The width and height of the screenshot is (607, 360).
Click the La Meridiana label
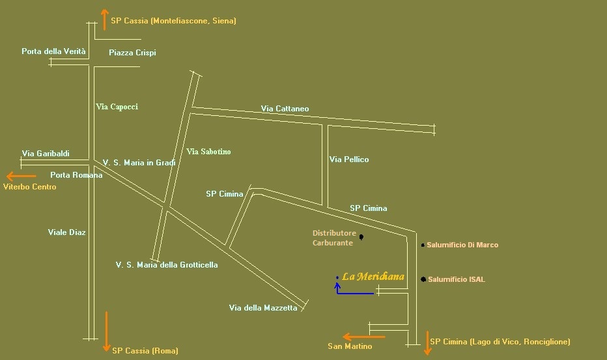pyautogui.click(x=373, y=277)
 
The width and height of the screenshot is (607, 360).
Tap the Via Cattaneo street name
pyautogui.click(x=285, y=109)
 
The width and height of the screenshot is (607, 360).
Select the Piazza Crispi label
pyautogui.click(x=132, y=53)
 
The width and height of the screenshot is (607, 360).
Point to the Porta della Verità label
pyautogui.click(x=53, y=51)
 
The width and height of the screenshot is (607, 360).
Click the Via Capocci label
pyautogui.click(x=117, y=106)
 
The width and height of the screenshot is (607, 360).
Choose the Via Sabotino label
pyautogui.click(x=208, y=152)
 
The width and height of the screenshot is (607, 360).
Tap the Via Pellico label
pyautogui.click(x=349, y=159)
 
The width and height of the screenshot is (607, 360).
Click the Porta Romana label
pyautogui.click(x=76, y=175)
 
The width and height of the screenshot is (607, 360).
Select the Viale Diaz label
pyautogui.click(x=67, y=232)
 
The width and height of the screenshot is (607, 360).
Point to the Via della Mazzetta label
pyautogui.click(x=263, y=308)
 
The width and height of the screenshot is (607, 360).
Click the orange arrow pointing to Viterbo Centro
pyautogui.click(x=21, y=176)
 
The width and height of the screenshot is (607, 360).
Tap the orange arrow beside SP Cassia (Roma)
pyautogui.click(x=106, y=331)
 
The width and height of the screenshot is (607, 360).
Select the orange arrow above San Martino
pyautogui.click(x=364, y=337)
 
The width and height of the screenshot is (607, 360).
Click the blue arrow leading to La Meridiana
pyautogui.click(x=354, y=293)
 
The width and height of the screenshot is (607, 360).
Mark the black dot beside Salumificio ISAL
pyautogui.click(x=423, y=279)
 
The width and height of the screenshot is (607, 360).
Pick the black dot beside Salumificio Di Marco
pyautogui.click(x=423, y=245)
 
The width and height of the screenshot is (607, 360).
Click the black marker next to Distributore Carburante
pyautogui.click(x=361, y=237)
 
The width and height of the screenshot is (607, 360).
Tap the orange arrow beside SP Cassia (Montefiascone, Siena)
pyautogui.click(x=104, y=20)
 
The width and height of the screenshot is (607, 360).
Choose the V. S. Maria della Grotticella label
pyautogui.click(x=167, y=265)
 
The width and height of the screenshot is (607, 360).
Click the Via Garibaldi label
pyautogui.click(x=46, y=154)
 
